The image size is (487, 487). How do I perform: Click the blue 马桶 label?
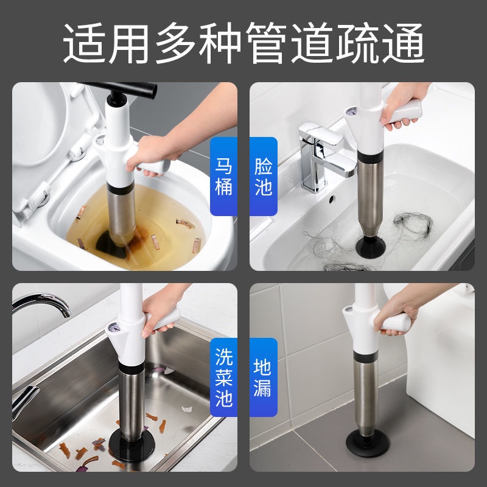point(223,177)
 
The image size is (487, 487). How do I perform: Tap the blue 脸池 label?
point(264,177)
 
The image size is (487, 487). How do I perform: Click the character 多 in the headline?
point(176,43)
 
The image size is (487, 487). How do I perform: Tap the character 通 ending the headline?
point(403,43)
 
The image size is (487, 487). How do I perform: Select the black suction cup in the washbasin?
point(370,247)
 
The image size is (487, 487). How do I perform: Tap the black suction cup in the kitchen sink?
point(131,445)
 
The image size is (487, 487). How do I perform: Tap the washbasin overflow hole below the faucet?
point(332,198)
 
